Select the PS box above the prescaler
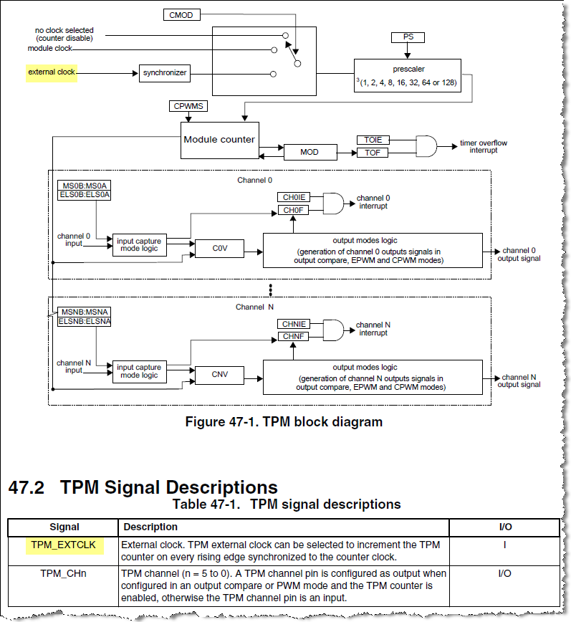click(x=408, y=37)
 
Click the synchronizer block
click(x=164, y=72)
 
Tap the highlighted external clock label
click(x=52, y=72)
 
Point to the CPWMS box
click(x=188, y=106)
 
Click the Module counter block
click(x=219, y=140)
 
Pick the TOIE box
click(x=372, y=140)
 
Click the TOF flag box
click(x=372, y=153)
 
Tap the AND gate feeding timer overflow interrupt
click(x=427, y=146)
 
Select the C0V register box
click(x=219, y=249)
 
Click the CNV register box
click(x=219, y=374)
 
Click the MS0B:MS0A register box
click(x=85, y=186)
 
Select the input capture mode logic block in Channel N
click(x=139, y=371)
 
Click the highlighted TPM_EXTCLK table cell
click(x=64, y=546)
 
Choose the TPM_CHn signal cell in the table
click(x=64, y=573)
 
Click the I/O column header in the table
click(x=504, y=527)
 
